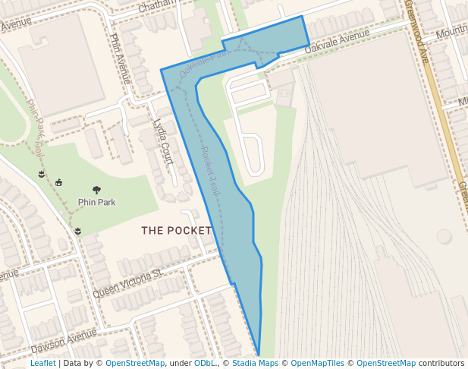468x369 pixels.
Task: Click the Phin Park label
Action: click(96, 203)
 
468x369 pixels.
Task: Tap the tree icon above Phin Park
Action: click(96, 190)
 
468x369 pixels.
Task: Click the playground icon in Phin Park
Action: click(59, 182)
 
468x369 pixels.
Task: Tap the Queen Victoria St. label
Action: click(128, 282)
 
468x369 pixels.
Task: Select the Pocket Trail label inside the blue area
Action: click(210, 172)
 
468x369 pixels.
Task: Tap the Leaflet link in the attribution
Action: click(42, 364)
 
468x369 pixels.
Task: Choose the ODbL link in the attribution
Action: click(205, 364)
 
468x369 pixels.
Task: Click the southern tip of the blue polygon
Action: click(259, 355)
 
